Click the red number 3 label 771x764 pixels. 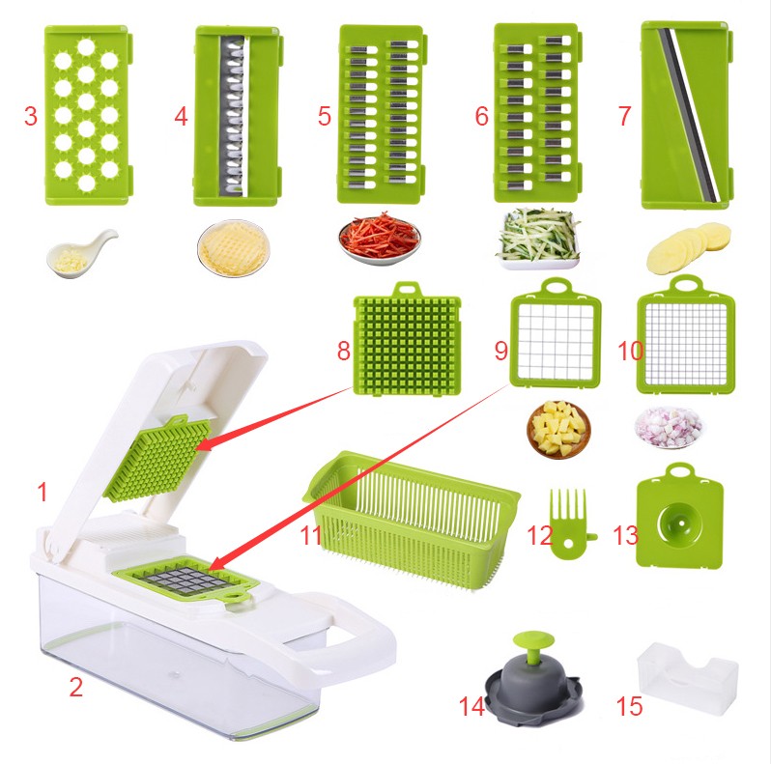coord(31,116)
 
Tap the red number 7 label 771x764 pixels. coord(624,116)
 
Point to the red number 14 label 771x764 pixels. coord(471,706)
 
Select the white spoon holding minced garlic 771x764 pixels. coord(81,253)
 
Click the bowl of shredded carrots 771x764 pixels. coord(379,240)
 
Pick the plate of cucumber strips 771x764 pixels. coord(539,240)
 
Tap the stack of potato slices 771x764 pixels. coord(688,248)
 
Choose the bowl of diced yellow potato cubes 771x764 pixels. coord(558,429)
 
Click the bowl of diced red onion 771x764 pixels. coord(669,427)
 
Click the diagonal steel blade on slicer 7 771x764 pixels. coord(690,115)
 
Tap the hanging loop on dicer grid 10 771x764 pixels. coord(686,284)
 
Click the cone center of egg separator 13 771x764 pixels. coord(680,523)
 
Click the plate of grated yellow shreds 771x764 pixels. coord(234,248)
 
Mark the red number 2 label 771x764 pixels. coord(75,687)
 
